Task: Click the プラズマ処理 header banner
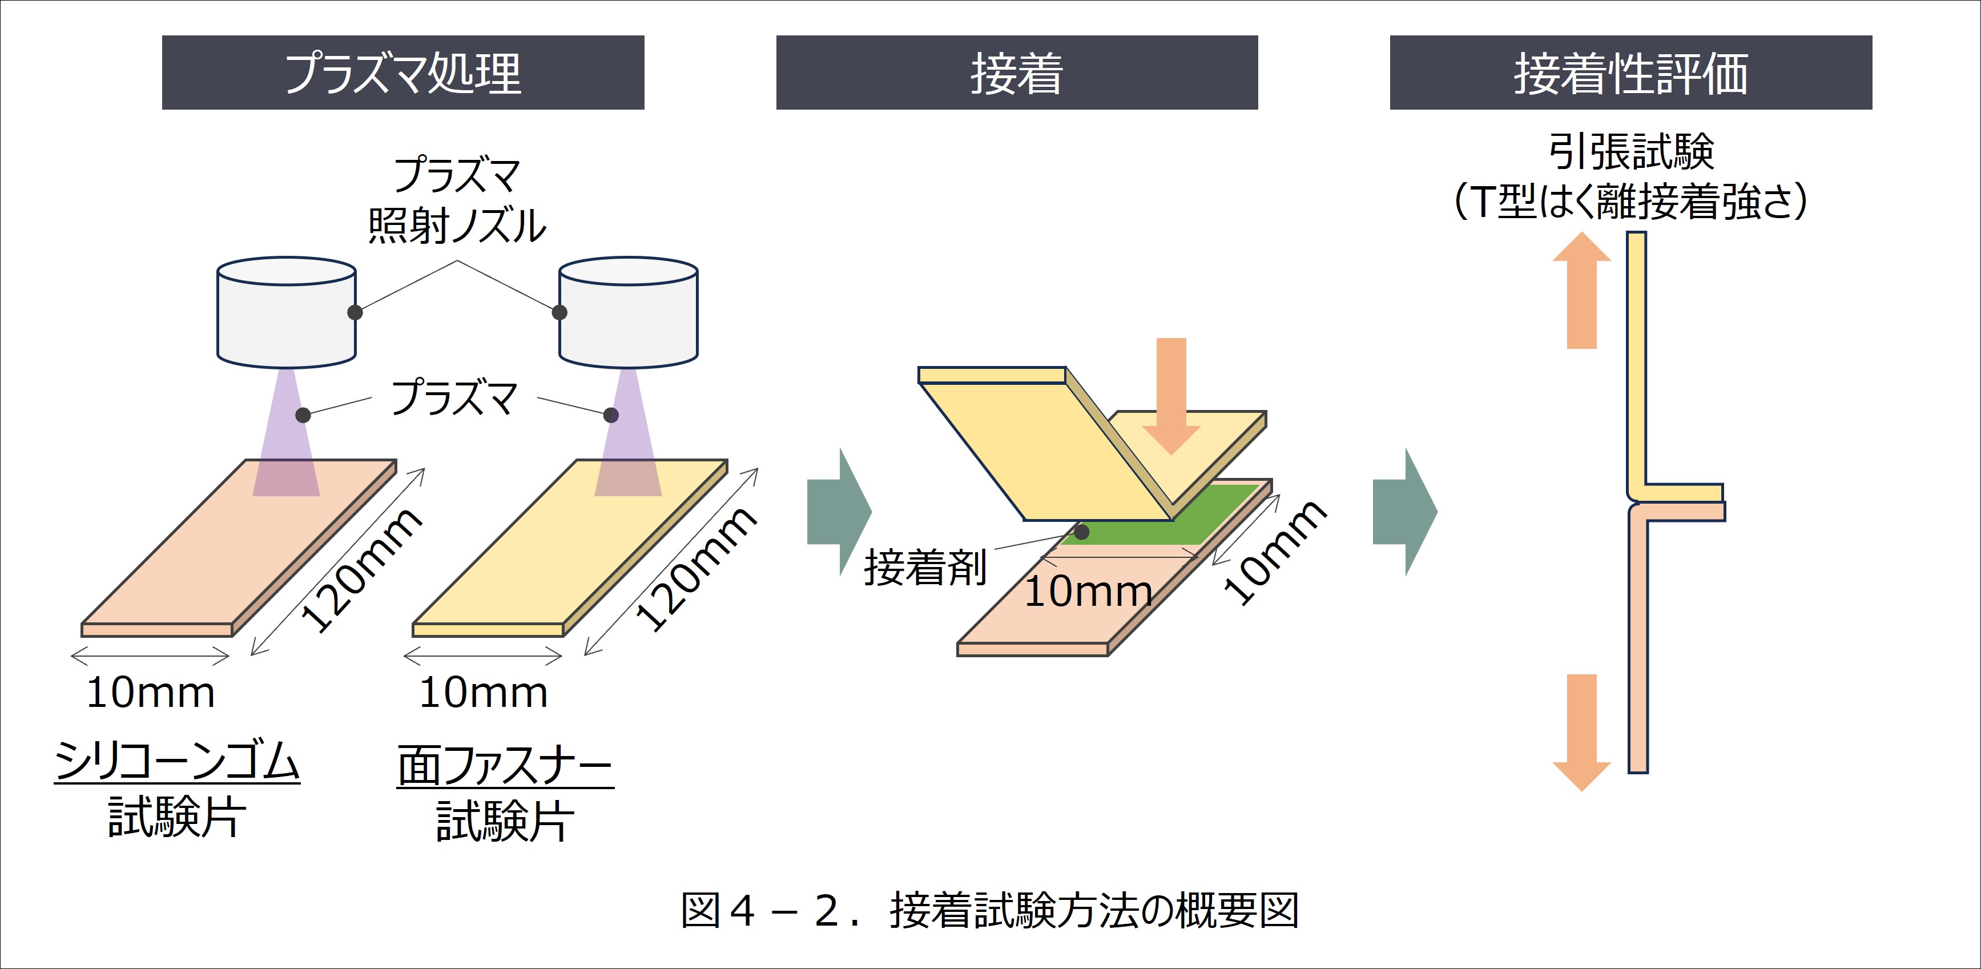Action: pyautogui.click(x=403, y=73)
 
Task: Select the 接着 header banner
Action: pyautogui.click(x=1017, y=73)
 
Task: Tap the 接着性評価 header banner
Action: pyautogui.click(x=1630, y=73)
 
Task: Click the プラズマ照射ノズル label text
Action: pyautogui.click(x=457, y=200)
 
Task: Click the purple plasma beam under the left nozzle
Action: pyautogui.click(x=286, y=432)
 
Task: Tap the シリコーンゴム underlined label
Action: pyautogui.click(x=177, y=761)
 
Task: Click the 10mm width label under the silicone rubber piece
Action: pyautogui.click(x=151, y=693)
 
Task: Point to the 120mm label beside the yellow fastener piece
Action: pyautogui.click(x=696, y=569)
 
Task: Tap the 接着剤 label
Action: pyautogui.click(x=925, y=568)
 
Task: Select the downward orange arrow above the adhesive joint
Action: pyautogui.click(x=1171, y=396)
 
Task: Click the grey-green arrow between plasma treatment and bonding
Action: pyautogui.click(x=840, y=512)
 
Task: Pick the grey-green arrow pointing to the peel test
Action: pyautogui.click(x=1405, y=512)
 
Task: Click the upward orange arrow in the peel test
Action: pyautogui.click(x=1581, y=290)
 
